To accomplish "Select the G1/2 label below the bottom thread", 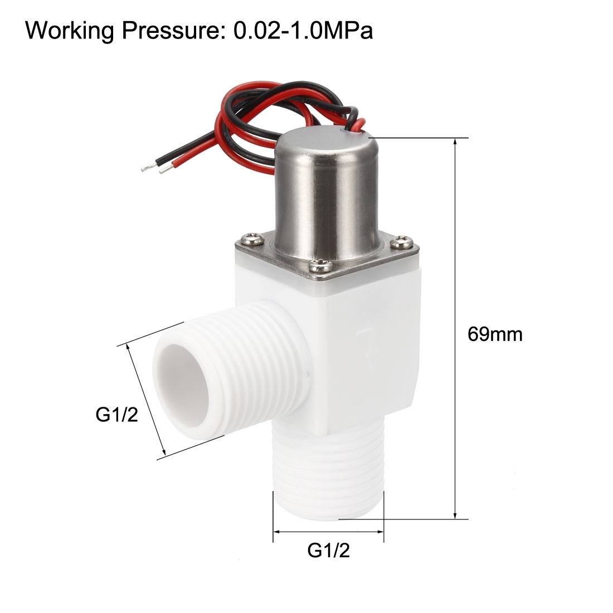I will coord(328,551).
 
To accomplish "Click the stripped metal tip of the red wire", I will coord(163,171).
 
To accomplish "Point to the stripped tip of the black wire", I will coord(146,167).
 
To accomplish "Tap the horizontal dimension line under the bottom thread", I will coord(328,532).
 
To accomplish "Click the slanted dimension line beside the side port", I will coord(147,400).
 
